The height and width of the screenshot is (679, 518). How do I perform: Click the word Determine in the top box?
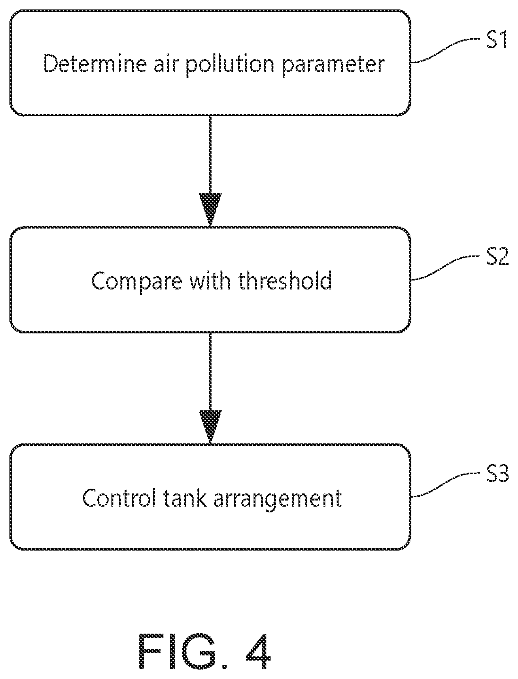[95, 64]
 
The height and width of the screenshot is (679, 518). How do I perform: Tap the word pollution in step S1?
[230, 65]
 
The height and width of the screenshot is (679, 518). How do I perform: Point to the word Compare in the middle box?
[136, 281]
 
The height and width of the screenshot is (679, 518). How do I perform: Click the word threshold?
[285, 280]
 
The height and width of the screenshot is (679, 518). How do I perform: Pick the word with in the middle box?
[210, 280]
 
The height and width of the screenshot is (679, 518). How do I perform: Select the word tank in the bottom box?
[185, 498]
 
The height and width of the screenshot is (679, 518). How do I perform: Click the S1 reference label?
[497, 40]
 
